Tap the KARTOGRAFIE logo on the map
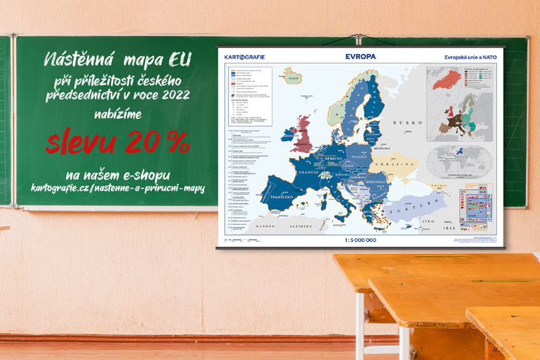click(246, 57)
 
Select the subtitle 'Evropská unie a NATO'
click(470, 57)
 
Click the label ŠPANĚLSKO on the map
click(281, 198)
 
